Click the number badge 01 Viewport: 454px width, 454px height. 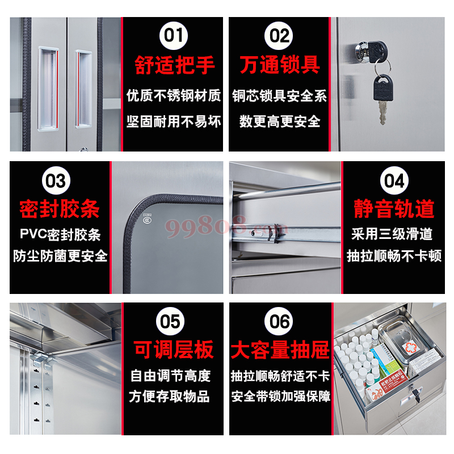click(174, 36)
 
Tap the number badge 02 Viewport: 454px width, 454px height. click(279, 36)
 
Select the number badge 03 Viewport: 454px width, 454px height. click(56, 181)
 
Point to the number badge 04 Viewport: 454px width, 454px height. click(393, 181)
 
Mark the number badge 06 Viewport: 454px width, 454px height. click(280, 322)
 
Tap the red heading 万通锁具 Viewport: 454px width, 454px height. click(279, 65)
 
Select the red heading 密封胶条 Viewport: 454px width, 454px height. click(59, 209)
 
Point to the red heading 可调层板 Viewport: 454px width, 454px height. click(174, 350)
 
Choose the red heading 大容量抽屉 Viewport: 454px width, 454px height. click(280, 350)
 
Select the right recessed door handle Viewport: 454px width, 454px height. click(83, 88)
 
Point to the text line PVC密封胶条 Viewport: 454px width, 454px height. click(60, 234)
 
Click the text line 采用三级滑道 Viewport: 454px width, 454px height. click(393, 234)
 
